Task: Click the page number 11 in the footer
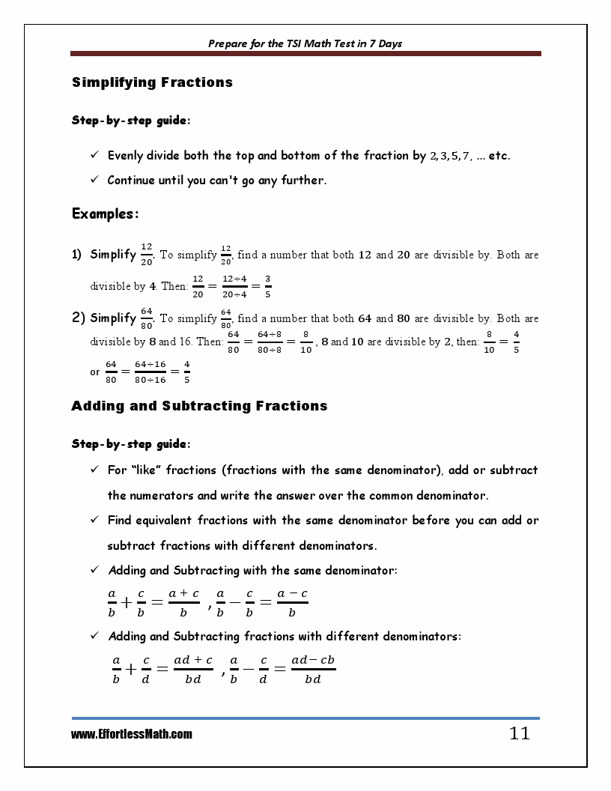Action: [519, 733]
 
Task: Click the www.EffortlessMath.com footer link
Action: [131, 735]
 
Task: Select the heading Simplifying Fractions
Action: [152, 82]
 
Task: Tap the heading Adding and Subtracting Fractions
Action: [199, 406]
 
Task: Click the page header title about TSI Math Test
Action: [305, 43]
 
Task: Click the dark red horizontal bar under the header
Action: [305, 54]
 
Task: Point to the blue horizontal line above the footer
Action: [305, 718]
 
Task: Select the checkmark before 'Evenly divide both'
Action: [95, 156]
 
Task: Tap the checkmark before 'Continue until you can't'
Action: [95, 180]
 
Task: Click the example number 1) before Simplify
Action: [77, 255]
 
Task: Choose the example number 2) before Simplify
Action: [78, 318]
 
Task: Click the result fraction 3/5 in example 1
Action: [268, 285]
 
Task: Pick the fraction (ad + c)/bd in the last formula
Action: [192, 669]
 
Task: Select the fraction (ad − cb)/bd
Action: [313, 669]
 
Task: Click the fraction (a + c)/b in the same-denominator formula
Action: [183, 602]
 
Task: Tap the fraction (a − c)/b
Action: [292, 602]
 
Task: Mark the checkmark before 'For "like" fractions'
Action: [95, 470]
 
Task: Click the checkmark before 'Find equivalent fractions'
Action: [95, 520]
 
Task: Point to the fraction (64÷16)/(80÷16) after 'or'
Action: [151, 372]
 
